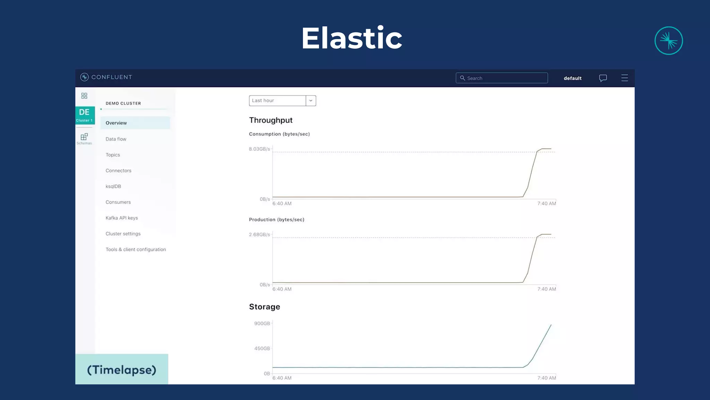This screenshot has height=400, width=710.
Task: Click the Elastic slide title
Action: (352, 38)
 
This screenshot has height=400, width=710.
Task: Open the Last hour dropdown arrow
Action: (311, 101)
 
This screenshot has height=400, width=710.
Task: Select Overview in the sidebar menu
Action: (116, 123)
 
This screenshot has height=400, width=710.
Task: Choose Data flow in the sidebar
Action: (116, 139)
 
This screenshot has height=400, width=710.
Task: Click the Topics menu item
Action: (113, 155)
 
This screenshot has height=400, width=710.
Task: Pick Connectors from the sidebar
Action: (118, 170)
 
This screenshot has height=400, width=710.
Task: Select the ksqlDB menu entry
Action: (113, 186)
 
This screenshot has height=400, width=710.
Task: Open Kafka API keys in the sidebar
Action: (122, 218)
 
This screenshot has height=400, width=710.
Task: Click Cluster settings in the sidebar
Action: (123, 234)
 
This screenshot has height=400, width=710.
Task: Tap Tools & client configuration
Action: (136, 249)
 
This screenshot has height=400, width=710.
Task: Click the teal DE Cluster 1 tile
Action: (85, 115)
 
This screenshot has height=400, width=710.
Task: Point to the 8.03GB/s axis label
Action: (259, 149)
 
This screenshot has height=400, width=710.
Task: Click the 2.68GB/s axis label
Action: (259, 235)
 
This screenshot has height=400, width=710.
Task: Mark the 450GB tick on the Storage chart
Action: (262, 348)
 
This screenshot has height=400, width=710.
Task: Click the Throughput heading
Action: (270, 120)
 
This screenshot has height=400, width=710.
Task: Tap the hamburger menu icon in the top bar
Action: (624, 78)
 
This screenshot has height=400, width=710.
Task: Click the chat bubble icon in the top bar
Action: (603, 78)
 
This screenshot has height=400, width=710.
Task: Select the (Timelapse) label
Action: (122, 370)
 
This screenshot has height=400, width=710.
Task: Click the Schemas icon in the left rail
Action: (84, 138)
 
